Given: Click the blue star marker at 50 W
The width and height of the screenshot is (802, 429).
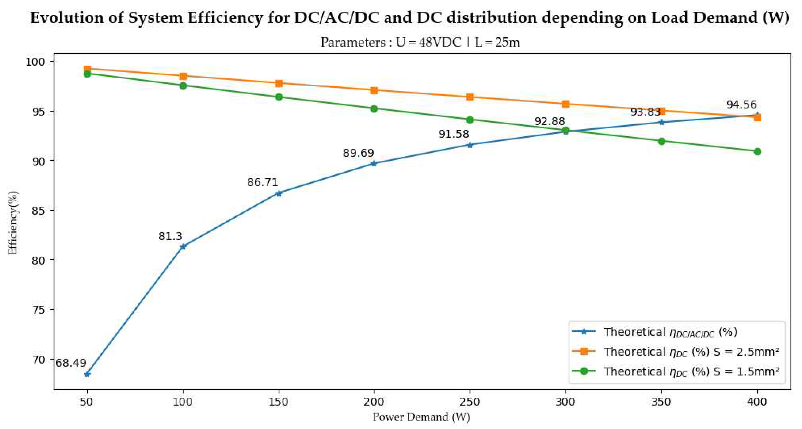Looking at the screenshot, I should pos(87,374).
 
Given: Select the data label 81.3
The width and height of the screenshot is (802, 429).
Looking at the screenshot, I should pos(170,236).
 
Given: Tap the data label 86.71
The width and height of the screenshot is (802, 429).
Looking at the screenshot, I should pos(262,182).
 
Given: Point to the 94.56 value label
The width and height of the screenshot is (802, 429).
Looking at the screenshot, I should pos(741,105).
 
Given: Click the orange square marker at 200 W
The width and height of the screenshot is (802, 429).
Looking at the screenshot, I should pos(374,91).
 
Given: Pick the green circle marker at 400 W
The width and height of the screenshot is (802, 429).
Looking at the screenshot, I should pos(757,152).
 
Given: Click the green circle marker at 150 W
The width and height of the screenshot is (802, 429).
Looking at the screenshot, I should pos(279,97).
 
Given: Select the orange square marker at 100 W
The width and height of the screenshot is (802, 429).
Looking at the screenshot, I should pos(183,76).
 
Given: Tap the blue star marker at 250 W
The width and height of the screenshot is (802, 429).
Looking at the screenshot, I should pos(470,145).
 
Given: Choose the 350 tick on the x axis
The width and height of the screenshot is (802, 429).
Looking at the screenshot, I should pos(661,402).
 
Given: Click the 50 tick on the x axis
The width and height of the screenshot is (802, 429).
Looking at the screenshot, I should pos(87,402).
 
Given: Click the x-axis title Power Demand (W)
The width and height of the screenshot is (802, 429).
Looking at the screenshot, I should pos(421,417).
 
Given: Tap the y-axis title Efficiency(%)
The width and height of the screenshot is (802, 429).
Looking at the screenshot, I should pos(13,223).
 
